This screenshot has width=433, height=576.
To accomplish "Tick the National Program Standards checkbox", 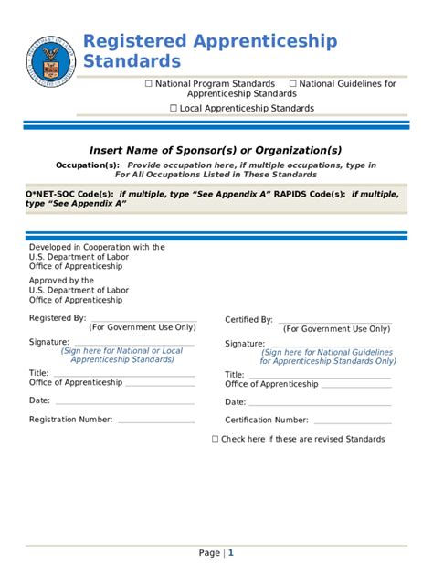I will (x=149, y=84).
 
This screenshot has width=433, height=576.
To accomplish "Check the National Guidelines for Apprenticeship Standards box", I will (x=293, y=84).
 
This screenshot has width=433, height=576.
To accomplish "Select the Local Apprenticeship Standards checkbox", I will (x=174, y=109).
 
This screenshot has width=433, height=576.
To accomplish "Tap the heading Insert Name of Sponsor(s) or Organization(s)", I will (x=216, y=150).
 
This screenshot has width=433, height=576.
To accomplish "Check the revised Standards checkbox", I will (x=216, y=439).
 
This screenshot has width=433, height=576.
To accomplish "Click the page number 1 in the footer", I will (x=231, y=553).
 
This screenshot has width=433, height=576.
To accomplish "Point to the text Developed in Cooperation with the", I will (x=97, y=247).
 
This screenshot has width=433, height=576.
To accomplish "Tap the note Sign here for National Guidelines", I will (x=327, y=352).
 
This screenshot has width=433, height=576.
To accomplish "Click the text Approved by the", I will (x=61, y=281).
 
